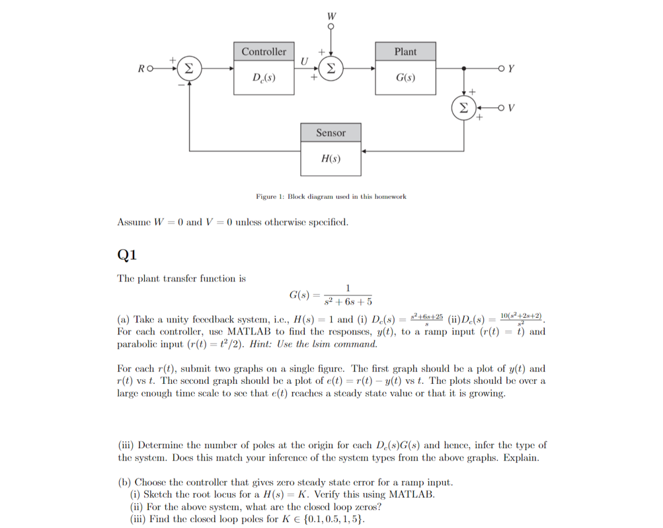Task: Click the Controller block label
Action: [264, 52]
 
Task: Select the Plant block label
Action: [405, 52]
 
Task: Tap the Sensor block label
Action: [331, 133]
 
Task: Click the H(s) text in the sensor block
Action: [331, 159]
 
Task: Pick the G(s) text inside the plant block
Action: [405, 78]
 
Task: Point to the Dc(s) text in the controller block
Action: [264, 78]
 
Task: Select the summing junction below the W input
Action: [331, 67]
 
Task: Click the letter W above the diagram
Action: [331, 15]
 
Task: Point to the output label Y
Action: [512, 67]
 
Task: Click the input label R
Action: [141, 68]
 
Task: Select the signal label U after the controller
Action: [303, 61]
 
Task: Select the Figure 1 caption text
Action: [331, 196]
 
